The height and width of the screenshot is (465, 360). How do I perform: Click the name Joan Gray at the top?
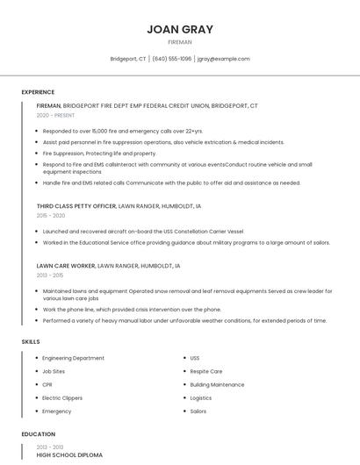[x=180, y=29]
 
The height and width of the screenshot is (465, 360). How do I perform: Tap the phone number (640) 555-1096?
[x=172, y=59]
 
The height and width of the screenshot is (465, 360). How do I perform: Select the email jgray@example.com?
[x=224, y=59]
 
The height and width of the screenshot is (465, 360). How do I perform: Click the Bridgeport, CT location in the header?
[x=128, y=59]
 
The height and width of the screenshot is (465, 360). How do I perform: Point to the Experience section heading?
[x=38, y=92]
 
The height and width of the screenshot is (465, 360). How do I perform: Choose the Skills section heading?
[x=31, y=340]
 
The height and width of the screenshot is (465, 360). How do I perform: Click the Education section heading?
[x=38, y=434]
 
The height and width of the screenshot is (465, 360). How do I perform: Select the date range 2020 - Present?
[x=56, y=115]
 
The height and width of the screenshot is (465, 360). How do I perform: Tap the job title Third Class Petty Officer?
[x=76, y=205]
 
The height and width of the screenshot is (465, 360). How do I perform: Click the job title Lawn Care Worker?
[x=66, y=265]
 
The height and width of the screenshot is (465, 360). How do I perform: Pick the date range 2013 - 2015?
[x=50, y=275]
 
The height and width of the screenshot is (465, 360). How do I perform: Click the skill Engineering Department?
[x=74, y=358]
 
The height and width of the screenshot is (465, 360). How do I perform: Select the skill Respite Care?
[x=206, y=371]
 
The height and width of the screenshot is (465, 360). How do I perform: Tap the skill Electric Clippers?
[x=63, y=397]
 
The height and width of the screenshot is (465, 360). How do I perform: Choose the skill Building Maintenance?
[x=217, y=384]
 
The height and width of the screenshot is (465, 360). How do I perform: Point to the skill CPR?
[x=47, y=384]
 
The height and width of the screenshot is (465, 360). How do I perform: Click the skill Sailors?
[x=198, y=411]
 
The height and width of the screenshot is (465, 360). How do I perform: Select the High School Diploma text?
[x=69, y=455]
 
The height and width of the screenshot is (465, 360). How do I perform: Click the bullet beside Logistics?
[x=183, y=397]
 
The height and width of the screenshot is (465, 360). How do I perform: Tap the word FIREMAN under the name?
[x=180, y=42]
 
